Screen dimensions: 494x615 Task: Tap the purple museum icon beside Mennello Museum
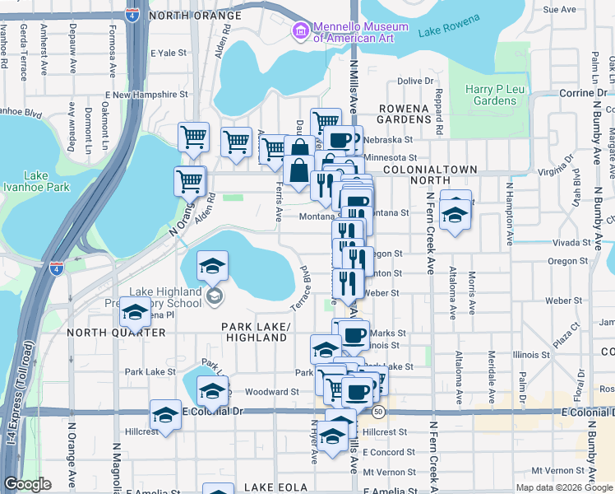[x=300, y=32]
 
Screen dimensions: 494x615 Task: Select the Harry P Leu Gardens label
[x=491, y=95]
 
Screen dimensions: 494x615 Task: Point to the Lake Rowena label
[x=446, y=31]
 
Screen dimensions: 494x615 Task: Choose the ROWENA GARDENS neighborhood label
[x=404, y=114]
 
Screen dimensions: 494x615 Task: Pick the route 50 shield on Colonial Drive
[x=378, y=411]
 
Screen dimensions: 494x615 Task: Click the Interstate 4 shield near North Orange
[x=132, y=15]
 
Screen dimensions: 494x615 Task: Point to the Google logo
[x=28, y=484]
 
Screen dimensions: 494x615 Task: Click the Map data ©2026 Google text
[x=564, y=487]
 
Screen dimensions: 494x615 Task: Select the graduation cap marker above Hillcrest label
[x=166, y=417]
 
